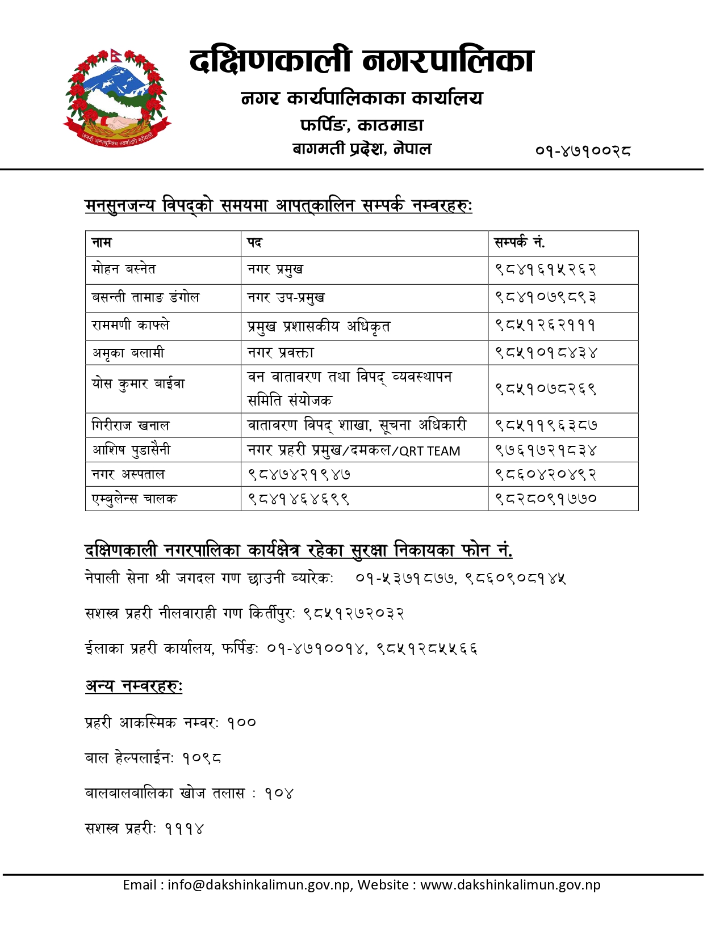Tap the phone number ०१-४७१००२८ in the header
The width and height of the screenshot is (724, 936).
click(x=583, y=150)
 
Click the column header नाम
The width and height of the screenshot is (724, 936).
click(x=102, y=243)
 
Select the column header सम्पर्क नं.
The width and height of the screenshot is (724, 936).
click(x=519, y=243)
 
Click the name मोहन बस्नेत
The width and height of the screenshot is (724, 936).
click(x=124, y=269)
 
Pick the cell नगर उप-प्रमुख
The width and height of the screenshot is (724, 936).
click(x=286, y=298)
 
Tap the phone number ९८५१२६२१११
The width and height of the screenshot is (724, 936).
click(x=545, y=326)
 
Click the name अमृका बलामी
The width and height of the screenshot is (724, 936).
click(x=128, y=353)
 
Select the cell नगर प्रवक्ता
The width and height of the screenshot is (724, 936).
click(x=280, y=353)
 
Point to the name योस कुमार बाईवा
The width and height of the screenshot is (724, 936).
click(x=138, y=384)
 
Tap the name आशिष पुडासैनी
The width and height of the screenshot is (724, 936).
click(x=131, y=450)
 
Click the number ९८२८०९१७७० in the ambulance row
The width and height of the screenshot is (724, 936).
click(x=545, y=499)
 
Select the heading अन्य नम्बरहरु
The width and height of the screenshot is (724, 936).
click(x=133, y=686)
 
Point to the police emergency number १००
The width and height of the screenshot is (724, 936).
click(x=241, y=723)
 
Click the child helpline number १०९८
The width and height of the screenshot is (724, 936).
click(x=202, y=758)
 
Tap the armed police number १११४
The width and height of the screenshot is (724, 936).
click(x=184, y=829)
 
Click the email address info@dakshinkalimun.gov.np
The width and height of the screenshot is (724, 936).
click(x=258, y=885)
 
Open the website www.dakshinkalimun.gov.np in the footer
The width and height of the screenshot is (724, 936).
click(x=510, y=885)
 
